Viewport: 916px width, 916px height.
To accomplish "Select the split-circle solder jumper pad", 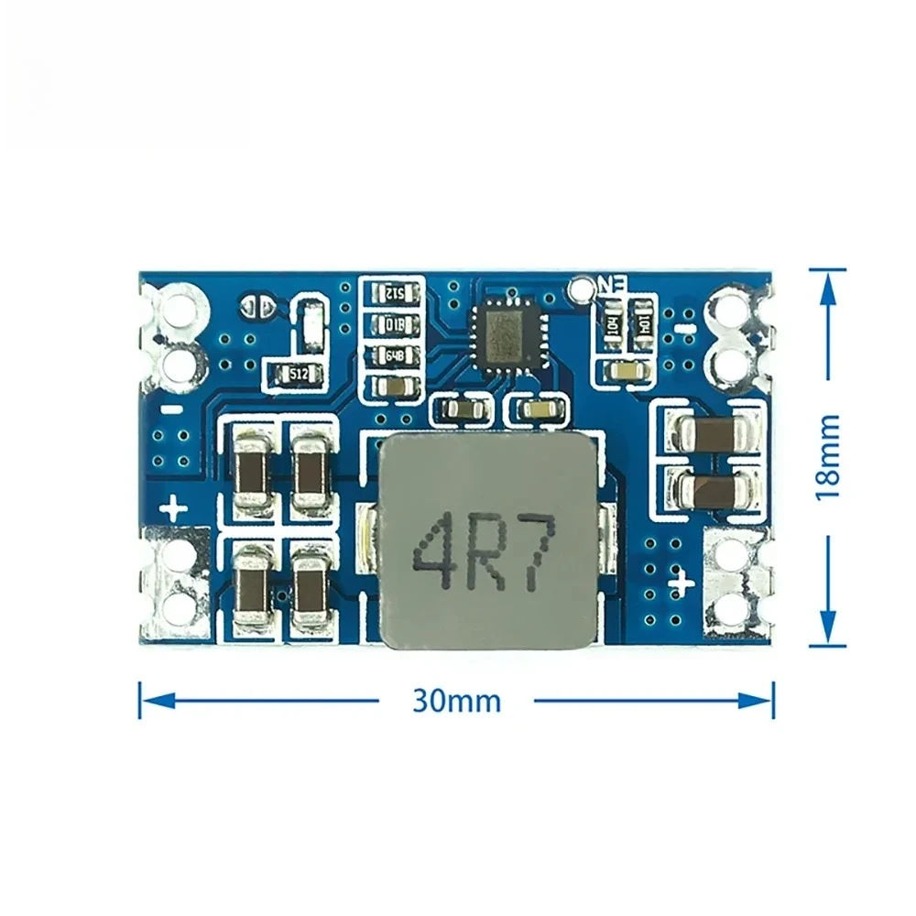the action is coord(256,306).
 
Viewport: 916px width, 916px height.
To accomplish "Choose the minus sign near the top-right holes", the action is coord(682,325).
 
